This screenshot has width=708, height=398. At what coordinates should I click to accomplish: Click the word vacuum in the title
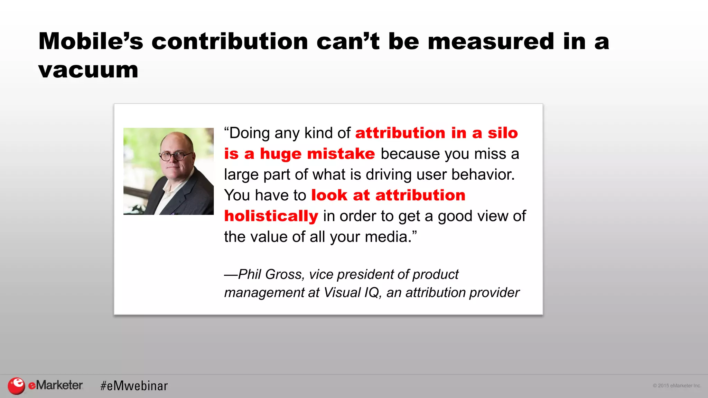pyautogui.click(x=88, y=70)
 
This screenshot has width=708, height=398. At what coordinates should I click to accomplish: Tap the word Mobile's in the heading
pyautogui.click(x=91, y=41)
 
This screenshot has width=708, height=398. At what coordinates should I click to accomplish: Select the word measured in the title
pyautogui.click(x=491, y=41)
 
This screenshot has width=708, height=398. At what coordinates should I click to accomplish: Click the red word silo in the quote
pyautogui.click(x=503, y=133)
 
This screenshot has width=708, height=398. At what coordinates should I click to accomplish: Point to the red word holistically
pyautogui.click(x=271, y=216)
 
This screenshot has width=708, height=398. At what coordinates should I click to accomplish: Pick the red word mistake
pyautogui.click(x=341, y=154)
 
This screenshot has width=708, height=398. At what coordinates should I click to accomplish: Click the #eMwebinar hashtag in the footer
pyautogui.click(x=134, y=386)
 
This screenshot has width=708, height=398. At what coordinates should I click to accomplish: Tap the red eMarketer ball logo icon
pyautogui.click(x=16, y=386)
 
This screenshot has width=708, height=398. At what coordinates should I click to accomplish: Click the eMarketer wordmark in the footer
pyautogui.click(x=55, y=385)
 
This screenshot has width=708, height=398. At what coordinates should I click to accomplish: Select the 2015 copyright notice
pyautogui.click(x=677, y=386)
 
